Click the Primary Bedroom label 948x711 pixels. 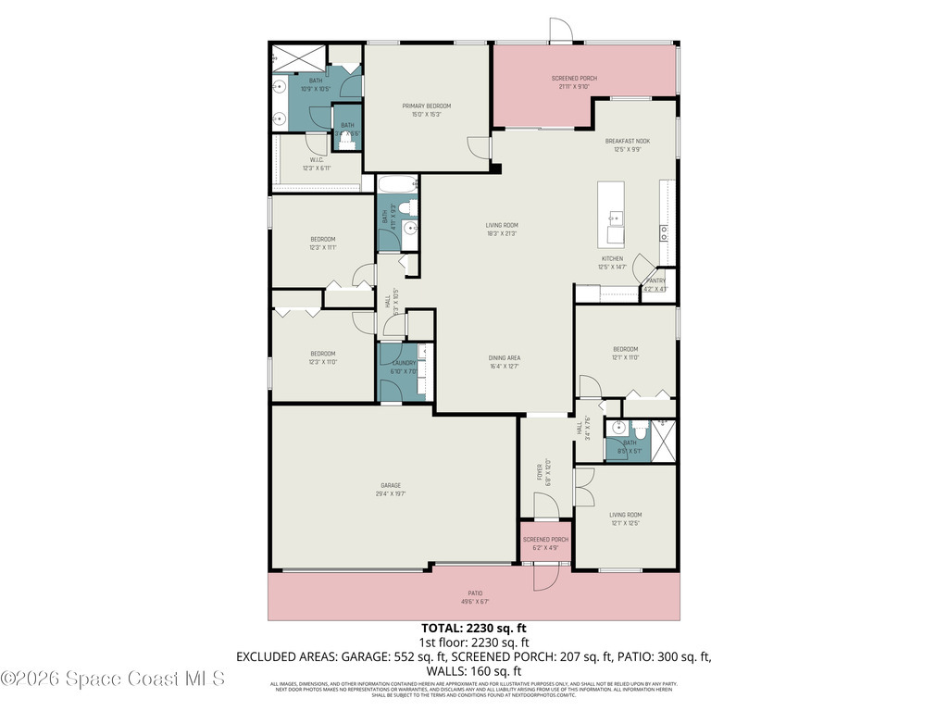(426, 106)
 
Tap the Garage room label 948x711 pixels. (390, 485)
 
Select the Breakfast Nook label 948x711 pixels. (628, 141)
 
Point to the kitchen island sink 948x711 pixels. (616, 219)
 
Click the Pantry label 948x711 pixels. (655, 281)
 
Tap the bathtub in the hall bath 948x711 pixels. (397, 183)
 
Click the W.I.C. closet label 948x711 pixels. (316, 159)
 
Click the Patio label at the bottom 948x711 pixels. (475, 593)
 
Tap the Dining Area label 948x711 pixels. (505, 357)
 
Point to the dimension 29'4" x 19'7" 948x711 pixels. (390, 494)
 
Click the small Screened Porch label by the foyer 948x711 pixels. (545, 539)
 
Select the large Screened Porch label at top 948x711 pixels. (574, 79)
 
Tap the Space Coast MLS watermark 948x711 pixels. (113, 679)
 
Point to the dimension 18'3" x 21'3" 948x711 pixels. (502, 233)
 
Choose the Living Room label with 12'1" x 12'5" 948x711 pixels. (625, 515)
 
